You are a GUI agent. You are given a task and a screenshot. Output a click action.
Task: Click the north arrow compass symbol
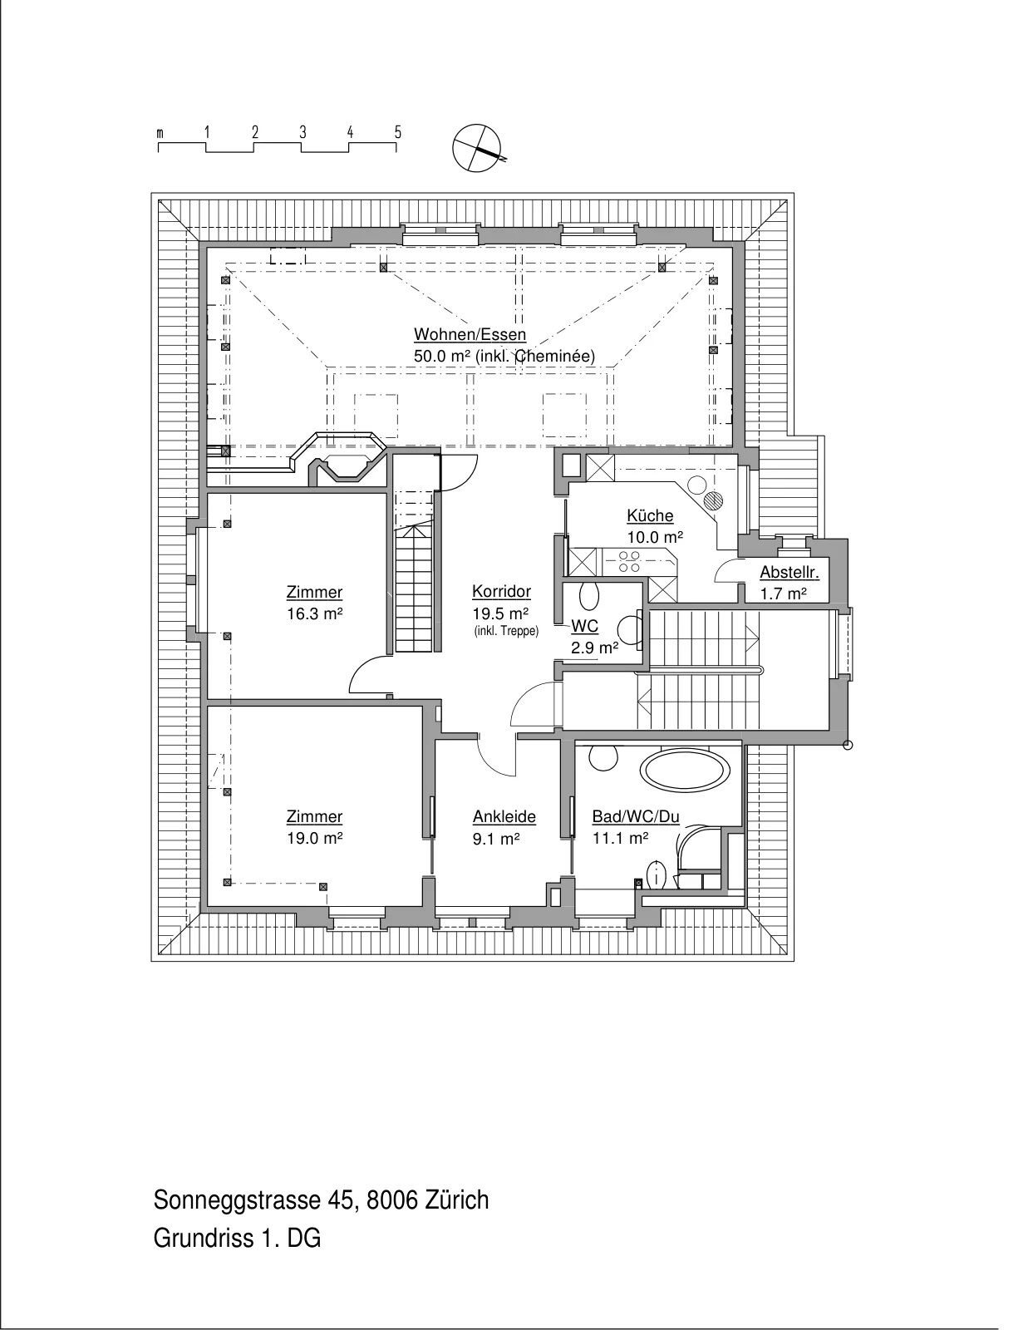pos(477,148)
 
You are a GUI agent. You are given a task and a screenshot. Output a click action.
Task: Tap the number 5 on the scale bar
pos(398,132)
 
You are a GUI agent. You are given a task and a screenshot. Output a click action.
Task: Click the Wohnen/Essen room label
pos(470,335)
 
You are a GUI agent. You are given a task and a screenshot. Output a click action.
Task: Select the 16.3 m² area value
pos(314,614)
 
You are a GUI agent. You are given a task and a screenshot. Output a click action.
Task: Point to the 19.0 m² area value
pos(314,839)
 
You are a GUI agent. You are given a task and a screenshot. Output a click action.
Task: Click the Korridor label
pos(501,592)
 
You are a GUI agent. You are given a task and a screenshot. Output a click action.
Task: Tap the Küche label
pos(650,516)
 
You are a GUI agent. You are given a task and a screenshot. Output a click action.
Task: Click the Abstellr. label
pos(789,573)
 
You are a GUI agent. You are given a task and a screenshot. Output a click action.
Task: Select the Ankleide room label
pos(504,817)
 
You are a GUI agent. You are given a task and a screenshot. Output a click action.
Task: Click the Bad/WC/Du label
pos(636,817)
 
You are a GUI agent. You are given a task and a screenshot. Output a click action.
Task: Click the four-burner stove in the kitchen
pos(630,562)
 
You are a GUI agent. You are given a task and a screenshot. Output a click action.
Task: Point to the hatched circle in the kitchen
pos(713,501)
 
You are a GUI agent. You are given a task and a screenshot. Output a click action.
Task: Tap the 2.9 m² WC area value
pos(595,648)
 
